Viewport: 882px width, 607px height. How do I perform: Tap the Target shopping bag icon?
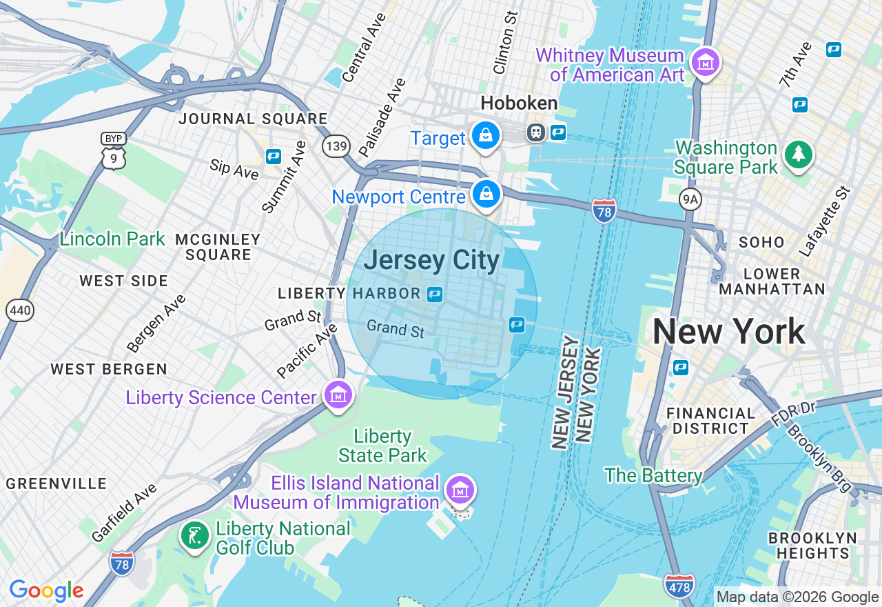486,136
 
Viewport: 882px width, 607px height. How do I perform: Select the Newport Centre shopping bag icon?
487,195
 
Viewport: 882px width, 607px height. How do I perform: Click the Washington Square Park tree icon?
798,154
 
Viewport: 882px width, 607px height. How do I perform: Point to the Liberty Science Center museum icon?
338,395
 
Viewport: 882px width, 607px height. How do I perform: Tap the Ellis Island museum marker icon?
460,490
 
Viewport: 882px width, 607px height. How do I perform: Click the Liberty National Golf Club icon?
195,536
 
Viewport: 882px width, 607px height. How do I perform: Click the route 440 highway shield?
20,310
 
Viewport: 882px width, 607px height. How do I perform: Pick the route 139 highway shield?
336,146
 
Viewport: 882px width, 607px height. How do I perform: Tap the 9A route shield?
690,200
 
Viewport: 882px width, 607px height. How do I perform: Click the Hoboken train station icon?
535,132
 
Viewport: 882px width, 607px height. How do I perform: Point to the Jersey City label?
431,261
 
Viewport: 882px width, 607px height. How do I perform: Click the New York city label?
728,332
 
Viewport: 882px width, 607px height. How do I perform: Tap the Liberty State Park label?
382,446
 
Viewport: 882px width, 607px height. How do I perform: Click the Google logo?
46,590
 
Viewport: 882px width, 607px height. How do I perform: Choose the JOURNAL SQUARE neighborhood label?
253,119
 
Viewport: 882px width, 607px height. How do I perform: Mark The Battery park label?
653,475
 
